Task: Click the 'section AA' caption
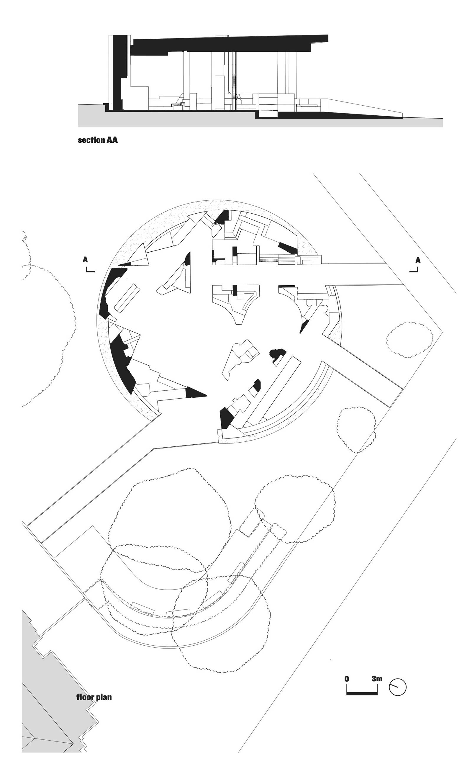tap(98, 140)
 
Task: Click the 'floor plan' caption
tap(94, 697)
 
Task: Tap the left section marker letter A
tap(85, 260)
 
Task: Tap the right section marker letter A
tap(418, 260)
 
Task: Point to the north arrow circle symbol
tap(398, 687)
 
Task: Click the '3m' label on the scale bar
tap(377, 679)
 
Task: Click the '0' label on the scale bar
tap(347, 679)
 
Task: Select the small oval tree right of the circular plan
tap(410, 340)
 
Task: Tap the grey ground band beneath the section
tap(260, 120)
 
